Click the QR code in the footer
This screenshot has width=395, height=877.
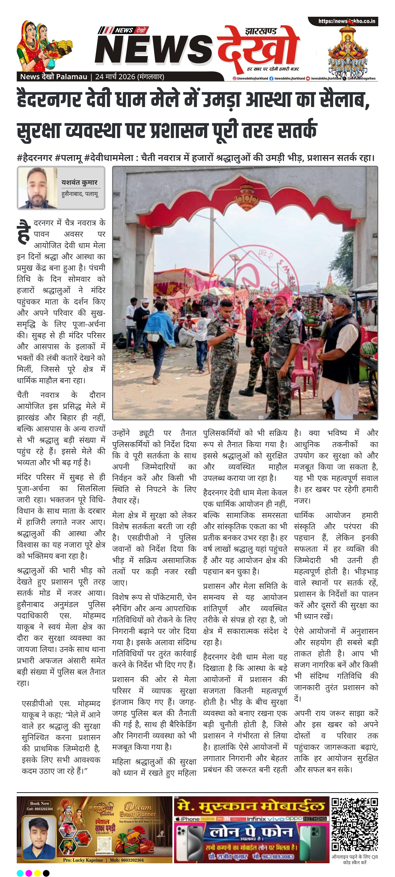(354, 824)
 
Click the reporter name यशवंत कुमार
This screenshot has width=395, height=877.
(79, 182)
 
